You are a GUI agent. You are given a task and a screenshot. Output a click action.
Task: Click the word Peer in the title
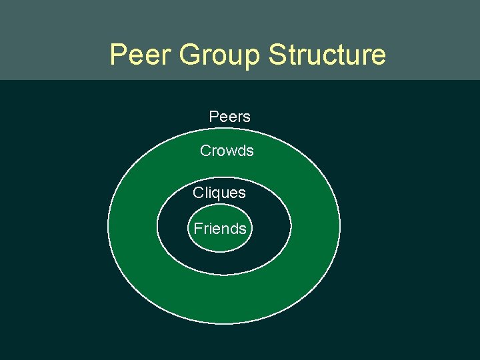click(x=139, y=55)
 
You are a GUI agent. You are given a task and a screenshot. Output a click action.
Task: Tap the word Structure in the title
click(x=327, y=55)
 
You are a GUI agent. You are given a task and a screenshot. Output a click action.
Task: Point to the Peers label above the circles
click(x=229, y=117)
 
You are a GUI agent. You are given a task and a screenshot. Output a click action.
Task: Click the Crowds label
click(x=227, y=151)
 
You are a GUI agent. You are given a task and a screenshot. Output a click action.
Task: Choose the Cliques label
click(x=219, y=193)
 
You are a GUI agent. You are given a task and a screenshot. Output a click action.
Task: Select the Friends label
click(x=220, y=229)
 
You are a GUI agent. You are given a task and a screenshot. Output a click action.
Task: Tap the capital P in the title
click(x=118, y=55)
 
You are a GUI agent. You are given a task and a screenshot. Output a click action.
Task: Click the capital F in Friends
click(x=197, y=229)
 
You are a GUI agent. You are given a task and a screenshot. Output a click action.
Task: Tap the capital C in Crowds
click(x=205, y=151)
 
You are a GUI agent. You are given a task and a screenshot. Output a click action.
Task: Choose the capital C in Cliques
click(x=198, y=193)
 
